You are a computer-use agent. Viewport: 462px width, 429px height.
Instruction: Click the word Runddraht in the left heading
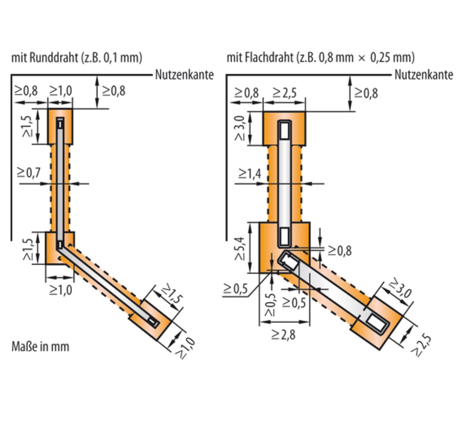(x=54, y=58)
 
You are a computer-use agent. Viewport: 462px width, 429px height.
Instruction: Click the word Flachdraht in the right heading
(x=269, y=58)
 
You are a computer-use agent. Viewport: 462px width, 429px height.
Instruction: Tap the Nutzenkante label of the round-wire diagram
(x=184, y=75)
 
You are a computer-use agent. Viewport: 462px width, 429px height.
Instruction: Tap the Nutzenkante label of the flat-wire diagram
(x=424, y=75)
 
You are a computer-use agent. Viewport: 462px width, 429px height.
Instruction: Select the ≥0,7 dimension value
(x=29, y=173)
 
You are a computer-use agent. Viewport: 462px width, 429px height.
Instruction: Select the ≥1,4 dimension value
(x=250, y=174)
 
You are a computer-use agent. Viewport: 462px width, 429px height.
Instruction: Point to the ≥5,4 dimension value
(x=240, y=248)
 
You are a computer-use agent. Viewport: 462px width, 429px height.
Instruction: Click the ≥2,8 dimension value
(x=283, y=335)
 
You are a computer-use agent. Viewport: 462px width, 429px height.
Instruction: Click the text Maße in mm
(x=40, y=346)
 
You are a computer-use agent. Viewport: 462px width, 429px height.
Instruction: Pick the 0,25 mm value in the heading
(x=392, y=58)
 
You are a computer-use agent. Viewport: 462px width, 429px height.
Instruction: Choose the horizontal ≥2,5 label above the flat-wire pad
(x=284, y=93)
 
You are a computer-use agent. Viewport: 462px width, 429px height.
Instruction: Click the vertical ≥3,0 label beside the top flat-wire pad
(x=240, y=128)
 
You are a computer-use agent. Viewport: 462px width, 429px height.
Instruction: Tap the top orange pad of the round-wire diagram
(x=60, y=127)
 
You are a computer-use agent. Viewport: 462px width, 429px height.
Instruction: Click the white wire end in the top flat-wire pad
(x=284, y=131)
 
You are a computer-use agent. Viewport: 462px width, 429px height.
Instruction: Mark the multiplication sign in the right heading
(x=362, y=58)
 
